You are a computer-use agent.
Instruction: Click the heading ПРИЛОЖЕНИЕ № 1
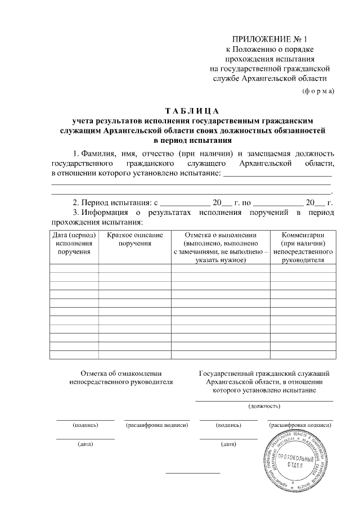pyautogui.click(x=272, y=39)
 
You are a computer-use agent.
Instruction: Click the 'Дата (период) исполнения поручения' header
pyautogui.click(x=74, y=243)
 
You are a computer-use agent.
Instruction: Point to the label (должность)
pyautogui.click(x=264, y=406)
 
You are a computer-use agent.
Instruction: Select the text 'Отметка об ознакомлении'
pyautogui.click(x=121, y=373)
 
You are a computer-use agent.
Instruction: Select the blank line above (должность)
pyautogui.click(x=264, y=400)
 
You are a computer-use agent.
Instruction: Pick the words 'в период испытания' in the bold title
pyautogui.click(x=192, y=140)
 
